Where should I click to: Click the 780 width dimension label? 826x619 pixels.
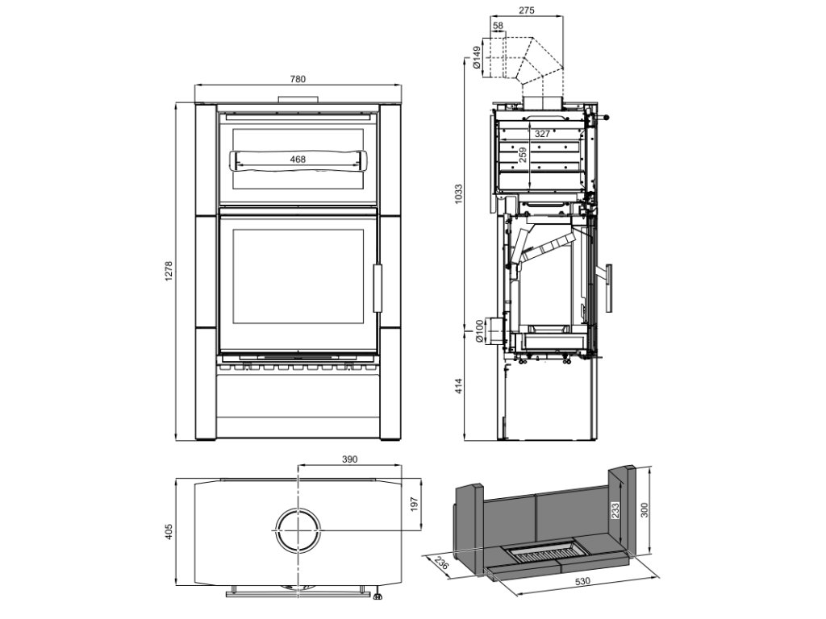[298, 79]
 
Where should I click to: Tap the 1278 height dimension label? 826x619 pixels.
[169, 271]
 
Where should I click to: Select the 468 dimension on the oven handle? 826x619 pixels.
[298, 160]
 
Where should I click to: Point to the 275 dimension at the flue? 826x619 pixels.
[527, 10]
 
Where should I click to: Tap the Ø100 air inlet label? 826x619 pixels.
[478, 330]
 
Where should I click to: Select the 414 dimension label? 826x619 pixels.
[458, 386]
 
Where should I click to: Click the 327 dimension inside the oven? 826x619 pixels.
[543, 133]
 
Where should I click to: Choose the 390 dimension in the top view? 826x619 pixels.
[349, 459]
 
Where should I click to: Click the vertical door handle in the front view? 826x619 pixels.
[377, 287]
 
